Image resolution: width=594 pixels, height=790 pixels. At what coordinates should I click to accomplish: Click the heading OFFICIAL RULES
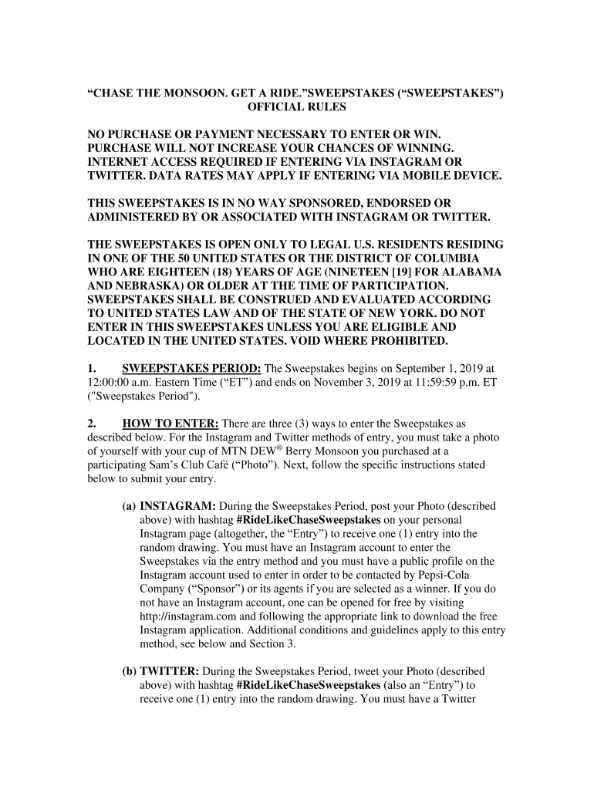pyautogui.click(x=296, y=106)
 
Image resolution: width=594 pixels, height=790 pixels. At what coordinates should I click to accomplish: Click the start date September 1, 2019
pyautogui.click(x=436, y=369)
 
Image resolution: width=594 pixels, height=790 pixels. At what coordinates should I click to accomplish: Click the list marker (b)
pyautogui.click(x=130, y=671)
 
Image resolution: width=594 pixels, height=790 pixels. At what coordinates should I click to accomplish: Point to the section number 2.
pyautogui.click(x=91, y=424)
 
